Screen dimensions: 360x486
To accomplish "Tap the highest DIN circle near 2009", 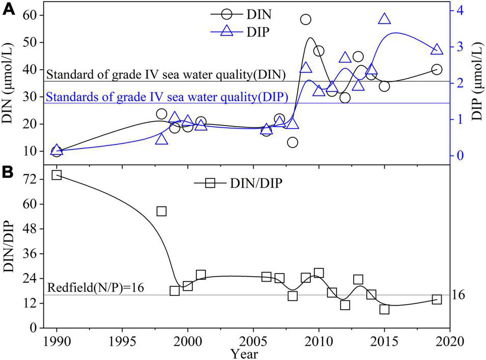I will coord(305,20).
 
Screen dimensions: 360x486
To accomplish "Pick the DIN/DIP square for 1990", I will coord(56,175).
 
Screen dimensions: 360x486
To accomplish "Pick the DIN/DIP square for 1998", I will coord(162,211).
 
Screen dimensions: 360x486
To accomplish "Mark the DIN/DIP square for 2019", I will coord(437,299).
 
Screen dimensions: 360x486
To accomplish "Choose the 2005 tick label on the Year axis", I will coord(253,339).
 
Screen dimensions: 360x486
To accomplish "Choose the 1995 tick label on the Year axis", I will coord(122,339).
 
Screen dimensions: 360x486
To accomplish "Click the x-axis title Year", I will coord(243,352).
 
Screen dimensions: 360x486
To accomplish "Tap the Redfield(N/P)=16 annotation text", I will coord(96,287).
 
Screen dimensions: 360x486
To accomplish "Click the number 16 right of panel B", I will coord(461,295).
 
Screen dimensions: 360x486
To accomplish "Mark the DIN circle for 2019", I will coord(437,69).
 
